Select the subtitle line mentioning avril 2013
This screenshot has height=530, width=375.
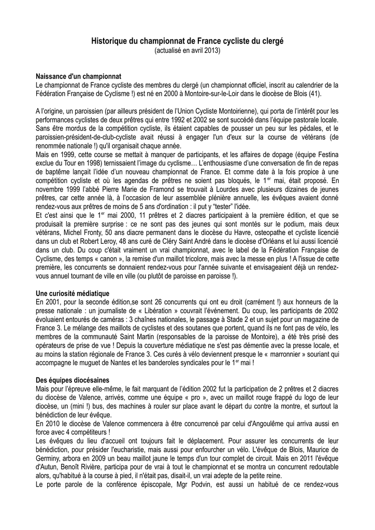pos(187,50)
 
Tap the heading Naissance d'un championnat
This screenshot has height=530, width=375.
pos(78,76)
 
